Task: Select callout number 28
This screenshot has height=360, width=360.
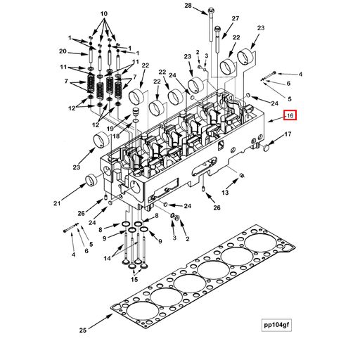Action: (x=188, y=6)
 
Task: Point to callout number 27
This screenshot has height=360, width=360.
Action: (x=235, y=18)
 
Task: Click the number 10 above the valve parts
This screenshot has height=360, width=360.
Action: (x=104, y=14)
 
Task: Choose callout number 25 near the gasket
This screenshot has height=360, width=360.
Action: (x=82, y=330)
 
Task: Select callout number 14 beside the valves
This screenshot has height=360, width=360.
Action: (x=108, y=258)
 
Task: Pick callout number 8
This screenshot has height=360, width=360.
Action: (x=101, y=229)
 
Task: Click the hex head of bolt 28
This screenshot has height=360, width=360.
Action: (x=211, y=11)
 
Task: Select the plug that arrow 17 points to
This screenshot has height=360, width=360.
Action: (x=268, y=146)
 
